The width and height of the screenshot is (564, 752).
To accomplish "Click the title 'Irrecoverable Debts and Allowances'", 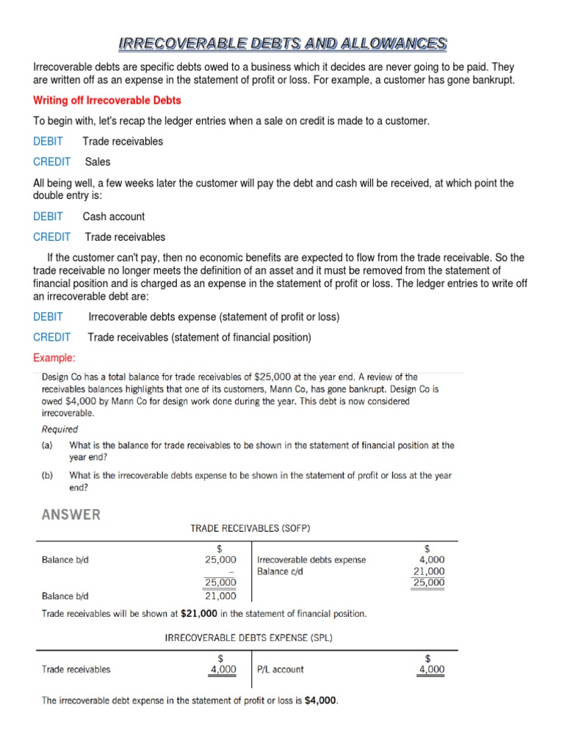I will pos(283,43).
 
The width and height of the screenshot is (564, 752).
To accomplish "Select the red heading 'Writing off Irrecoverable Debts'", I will pos(107,100).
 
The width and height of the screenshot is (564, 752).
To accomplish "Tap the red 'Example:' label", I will pos(54,358).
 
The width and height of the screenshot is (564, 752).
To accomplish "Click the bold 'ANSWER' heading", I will pos(71,515).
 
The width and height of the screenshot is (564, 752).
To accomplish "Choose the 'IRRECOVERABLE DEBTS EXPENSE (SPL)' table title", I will pos(248,638).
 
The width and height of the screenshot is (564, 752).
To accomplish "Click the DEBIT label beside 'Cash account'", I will pos(48,217).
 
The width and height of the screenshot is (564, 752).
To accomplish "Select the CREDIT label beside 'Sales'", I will pos(52,162).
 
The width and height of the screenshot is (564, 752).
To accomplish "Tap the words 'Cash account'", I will pos(114,217).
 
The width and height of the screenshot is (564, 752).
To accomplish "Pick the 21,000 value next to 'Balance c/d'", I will pos(429,571).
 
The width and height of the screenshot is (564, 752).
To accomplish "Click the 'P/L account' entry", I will pos(281,669).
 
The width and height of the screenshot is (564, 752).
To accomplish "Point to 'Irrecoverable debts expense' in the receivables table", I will pos(311,560).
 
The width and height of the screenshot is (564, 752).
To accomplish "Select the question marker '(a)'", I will pos(47,445).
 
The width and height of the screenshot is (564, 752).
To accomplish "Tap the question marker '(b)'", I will pos(47,475).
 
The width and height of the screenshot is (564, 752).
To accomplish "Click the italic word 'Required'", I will pos(59,429).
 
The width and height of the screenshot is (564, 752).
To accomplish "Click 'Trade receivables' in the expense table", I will pos(76,669).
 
